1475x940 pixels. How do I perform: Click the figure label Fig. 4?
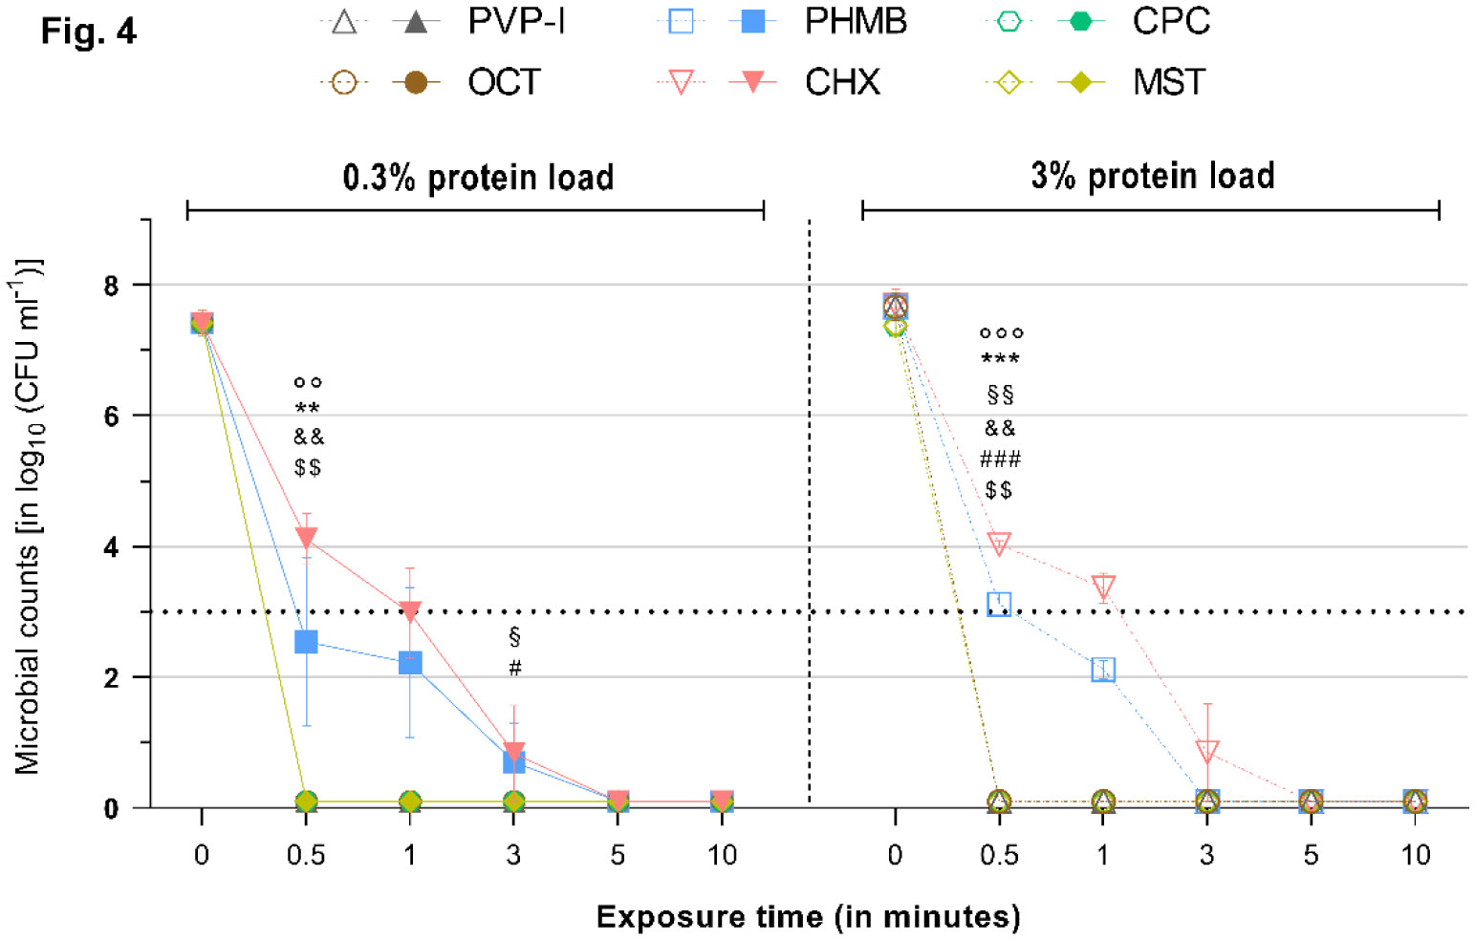coord(89,32)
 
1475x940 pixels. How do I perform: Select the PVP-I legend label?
coord(516,21)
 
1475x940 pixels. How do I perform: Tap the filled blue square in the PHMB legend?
coord(753,21)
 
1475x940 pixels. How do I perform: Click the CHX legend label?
coord(842,82)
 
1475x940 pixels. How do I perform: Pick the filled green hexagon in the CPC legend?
coord(1081,21)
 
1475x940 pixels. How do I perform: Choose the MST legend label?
coord(1169,82)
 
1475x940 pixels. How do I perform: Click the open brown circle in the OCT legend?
coord(343,83)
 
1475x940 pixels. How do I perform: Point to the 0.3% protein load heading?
coord(478,178)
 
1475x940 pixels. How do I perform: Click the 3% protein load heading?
coord(1152,176)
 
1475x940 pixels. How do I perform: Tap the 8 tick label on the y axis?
coord(112,286)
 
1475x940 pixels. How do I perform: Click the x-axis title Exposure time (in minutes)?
coord(808,917)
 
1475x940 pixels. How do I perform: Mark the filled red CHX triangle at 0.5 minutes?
coord(306,538)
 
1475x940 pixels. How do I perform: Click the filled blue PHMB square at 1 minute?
coord(410,663)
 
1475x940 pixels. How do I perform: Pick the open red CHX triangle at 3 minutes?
coord(1207,752)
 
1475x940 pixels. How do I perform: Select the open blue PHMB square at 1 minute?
coord(1103,670)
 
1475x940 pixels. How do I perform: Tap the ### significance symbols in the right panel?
coord(1000,460)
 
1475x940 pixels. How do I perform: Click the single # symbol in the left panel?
coord(515,668)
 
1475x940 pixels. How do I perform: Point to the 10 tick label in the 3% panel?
coord(1415,855)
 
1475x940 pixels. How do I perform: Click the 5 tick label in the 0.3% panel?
coord(618,855)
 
